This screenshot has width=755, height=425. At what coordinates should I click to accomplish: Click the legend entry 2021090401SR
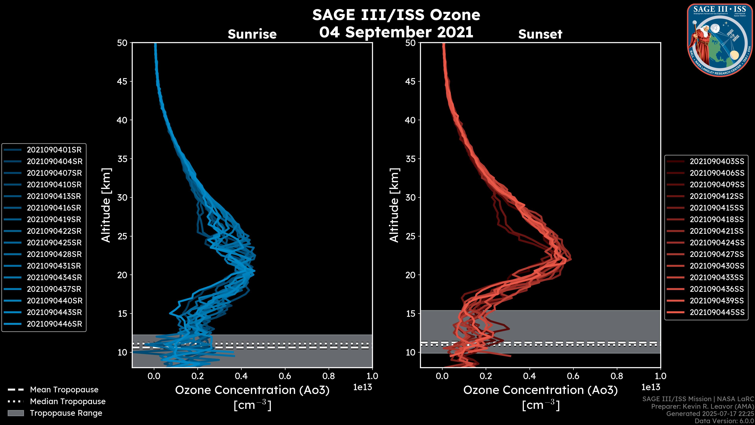[54, 150]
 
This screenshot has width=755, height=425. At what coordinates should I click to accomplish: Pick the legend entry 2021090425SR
[54, 243]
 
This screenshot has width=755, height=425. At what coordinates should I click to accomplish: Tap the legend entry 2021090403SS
[717, 162]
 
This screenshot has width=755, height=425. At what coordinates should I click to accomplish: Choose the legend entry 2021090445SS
[717, 312]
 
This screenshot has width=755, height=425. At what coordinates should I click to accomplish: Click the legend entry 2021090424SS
[717, 243]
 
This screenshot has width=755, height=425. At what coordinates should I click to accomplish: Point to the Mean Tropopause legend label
[64, 390]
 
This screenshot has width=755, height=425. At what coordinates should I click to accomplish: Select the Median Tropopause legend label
[67, 402]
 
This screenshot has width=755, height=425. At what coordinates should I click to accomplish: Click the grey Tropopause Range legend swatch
[16, 413]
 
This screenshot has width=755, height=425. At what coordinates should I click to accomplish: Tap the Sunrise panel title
[252, 34]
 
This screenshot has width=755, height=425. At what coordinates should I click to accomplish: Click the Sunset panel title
[540, 34]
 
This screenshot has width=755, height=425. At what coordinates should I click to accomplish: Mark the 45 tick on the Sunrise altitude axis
[122, 81]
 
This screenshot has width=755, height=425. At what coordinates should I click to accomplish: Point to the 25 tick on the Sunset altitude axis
[411, 236]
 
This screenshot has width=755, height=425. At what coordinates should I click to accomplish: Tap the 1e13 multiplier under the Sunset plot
[651, 387]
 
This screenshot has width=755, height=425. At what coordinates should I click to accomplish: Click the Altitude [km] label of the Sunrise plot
[106, 205]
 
